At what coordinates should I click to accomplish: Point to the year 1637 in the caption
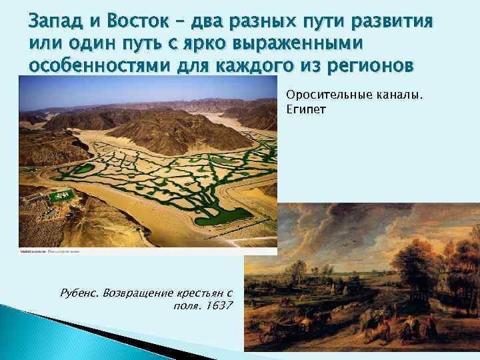221,306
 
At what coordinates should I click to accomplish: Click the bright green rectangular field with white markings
62,196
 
